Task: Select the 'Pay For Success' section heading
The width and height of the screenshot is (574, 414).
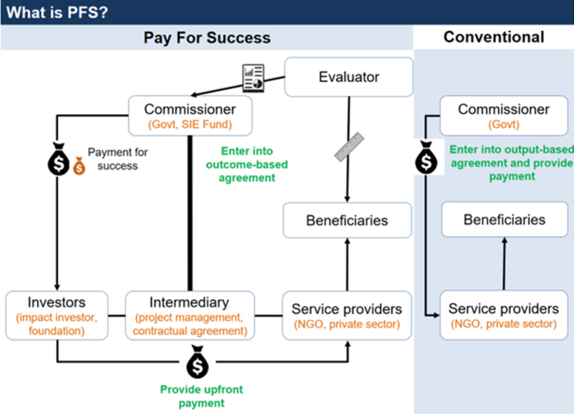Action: (207, 38)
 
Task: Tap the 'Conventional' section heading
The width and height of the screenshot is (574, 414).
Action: (493, 37)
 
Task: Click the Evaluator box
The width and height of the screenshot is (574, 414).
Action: (348, 77)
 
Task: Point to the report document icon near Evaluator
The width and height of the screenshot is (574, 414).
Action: (253, 77)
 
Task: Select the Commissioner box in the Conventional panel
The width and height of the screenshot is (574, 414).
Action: (503, 116)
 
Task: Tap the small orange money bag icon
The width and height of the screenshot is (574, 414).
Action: (79, 166)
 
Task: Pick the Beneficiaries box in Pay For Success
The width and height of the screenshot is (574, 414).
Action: (347, 221)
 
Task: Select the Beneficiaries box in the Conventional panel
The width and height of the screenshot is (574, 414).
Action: (503, 220)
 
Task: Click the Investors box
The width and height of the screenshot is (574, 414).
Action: (57, 315)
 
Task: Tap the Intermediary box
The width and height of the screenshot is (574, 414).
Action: (189, 315)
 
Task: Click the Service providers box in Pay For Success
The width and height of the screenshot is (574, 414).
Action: (347, 315)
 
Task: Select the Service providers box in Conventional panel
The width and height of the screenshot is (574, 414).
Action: (503, 315)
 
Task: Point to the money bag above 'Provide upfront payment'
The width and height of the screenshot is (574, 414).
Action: (198, 362)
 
